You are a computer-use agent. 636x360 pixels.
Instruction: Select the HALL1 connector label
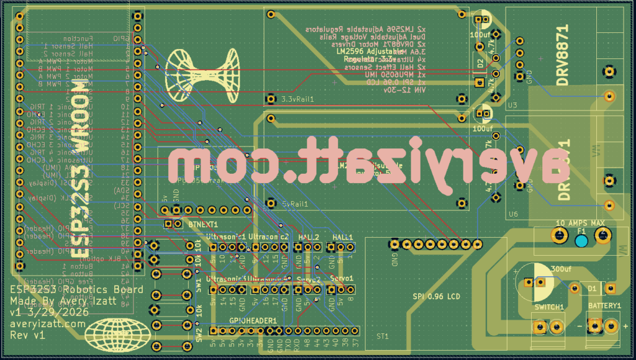[342, 238]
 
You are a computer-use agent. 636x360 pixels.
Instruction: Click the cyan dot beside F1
[581, 241]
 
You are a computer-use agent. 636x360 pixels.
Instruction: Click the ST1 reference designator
[382, 336]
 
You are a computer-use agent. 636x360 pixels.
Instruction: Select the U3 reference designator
[512, 106]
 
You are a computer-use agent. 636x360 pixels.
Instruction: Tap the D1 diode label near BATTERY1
[592, 289]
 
